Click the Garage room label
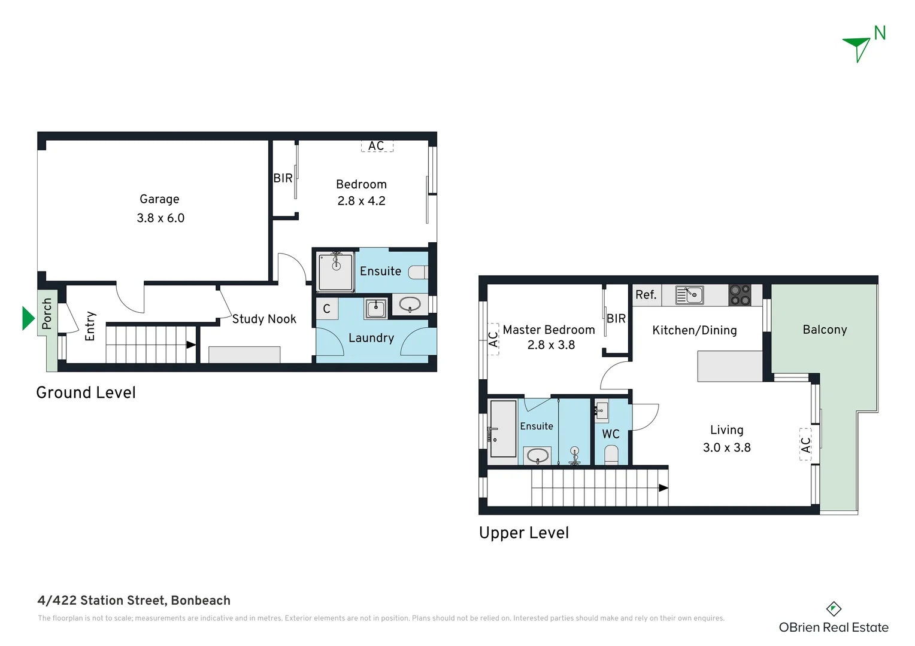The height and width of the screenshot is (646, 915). [x=159, y=199]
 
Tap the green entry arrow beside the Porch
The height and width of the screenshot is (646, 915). [x=28, y=318]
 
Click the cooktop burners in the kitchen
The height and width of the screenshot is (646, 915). [x=740, y=295]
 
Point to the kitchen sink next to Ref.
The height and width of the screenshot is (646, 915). [x=689, y=295]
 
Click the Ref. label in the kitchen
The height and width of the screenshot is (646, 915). [x=646, y=295]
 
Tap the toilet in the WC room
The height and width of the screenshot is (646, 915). [x=611, y=455]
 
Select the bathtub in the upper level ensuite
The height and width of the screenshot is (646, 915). [x=503, y=429]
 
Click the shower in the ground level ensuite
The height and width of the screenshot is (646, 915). [x=335, y=272]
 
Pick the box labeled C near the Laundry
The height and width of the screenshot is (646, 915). [x=327, y=309]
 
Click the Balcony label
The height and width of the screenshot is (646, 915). [x=825, y=330]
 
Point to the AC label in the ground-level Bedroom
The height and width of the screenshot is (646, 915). [x=377, y=146]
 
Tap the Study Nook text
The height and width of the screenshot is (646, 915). [x=264, y=319]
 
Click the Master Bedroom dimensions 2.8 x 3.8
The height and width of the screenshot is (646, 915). [x=551, y=345]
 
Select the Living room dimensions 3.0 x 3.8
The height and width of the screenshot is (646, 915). [x=726, y=447]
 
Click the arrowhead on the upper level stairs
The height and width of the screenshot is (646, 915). [x=663, y=488]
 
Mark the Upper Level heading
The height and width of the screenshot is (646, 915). [x=524, y=532]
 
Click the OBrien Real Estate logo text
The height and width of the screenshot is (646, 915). [x=833, y=627]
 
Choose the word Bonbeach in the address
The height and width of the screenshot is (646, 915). [x=201, y=601]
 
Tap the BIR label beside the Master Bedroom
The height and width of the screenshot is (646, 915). [x=616, y=319]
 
